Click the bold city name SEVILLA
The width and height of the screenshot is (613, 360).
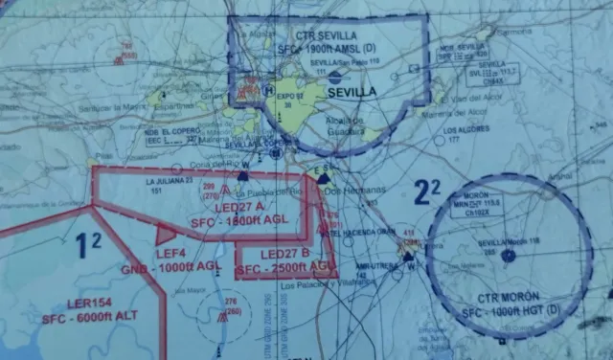click(x=352, y=92)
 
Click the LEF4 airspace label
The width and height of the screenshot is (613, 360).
click(x=170, y=253)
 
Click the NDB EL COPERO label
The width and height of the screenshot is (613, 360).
click(x=176, y=132)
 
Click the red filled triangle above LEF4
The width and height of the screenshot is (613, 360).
click(x=166, y=232)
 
